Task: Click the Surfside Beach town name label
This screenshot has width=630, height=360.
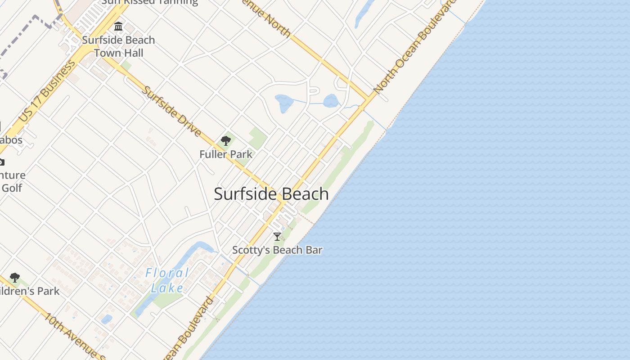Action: pos(271,194)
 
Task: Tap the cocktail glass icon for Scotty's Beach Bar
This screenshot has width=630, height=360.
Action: pos(277,237)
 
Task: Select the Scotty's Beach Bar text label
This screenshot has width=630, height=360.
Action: pos(277,250)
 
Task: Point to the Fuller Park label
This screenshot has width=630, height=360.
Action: pos(226,154)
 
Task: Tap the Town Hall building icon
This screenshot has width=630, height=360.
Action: pos(118,27)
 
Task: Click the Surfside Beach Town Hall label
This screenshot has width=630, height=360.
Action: pos(118,46)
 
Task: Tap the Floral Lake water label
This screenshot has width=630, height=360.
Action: pos(167,280)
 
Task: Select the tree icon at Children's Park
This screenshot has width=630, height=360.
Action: pos(15,277)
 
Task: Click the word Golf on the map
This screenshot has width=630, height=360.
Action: pos(12,188)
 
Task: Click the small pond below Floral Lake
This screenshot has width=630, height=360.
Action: pos(107,319)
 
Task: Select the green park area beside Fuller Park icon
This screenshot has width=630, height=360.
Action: pos(257,137)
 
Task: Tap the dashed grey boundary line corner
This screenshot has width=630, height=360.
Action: pos(35,17)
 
